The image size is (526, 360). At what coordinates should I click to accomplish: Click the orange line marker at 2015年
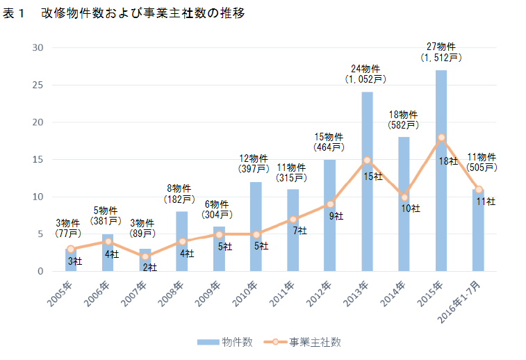[441, 138]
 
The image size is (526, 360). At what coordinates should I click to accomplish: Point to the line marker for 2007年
[145, 256]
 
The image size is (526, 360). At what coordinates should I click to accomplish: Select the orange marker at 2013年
[367, 160]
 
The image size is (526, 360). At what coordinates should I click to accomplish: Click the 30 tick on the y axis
[38, 48]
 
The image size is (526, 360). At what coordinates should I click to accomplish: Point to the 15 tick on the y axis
[38, 160]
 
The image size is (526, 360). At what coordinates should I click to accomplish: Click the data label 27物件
[441, 47]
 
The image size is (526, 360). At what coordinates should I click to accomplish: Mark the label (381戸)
[107, 221]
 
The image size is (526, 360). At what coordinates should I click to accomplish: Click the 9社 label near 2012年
[336, 216]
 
